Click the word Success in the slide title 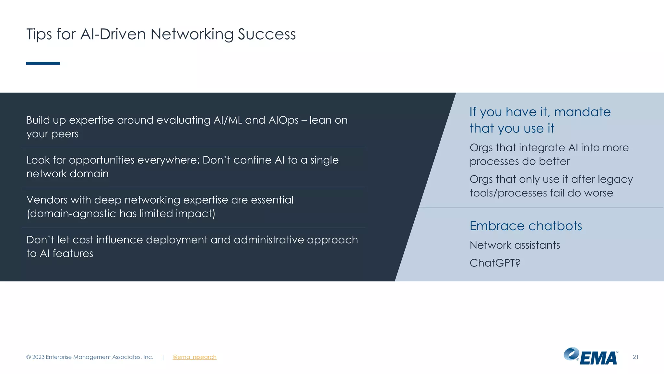pyautogui.click(x=267, y=34)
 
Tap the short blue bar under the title pyautogui.click(x=43, y=63)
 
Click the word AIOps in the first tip pyautogui.click(x=283, y=120)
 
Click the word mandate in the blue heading pyautogui.click(x=582, y=112)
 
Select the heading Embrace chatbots pyautogui.click(x=526, y=226)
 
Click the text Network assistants pyautogui.click(x=515, y=245)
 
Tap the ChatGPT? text pyautogui.click(x=495, y=263)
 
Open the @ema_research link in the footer pyautogui.click(x=194, y=357)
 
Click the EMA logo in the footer pyautogui.click(x=591, y=356)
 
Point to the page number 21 pyautogui.click(x=635, y=357)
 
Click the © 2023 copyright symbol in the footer pyautogui.click(x=29, y=357)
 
